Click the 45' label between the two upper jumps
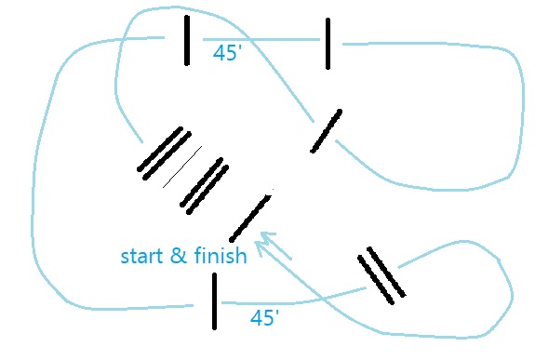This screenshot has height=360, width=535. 227,53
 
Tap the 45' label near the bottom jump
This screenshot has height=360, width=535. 265,318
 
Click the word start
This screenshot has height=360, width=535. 141,256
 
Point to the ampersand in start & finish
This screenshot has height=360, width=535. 178,255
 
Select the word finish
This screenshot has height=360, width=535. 221,255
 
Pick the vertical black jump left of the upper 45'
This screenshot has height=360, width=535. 187,40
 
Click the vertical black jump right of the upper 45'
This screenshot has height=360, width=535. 328,44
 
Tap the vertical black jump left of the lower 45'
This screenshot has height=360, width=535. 214,301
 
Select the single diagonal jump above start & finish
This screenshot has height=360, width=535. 251,218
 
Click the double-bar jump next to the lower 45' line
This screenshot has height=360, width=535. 381,275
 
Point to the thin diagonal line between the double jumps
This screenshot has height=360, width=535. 182,167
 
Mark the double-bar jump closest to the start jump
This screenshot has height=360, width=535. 205,186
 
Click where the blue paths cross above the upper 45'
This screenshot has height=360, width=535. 250,40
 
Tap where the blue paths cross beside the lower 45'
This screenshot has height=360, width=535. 322,299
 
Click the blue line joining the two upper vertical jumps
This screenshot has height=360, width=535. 261,40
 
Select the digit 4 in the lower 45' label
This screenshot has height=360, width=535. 257,318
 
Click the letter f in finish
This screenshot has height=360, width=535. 198,255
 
